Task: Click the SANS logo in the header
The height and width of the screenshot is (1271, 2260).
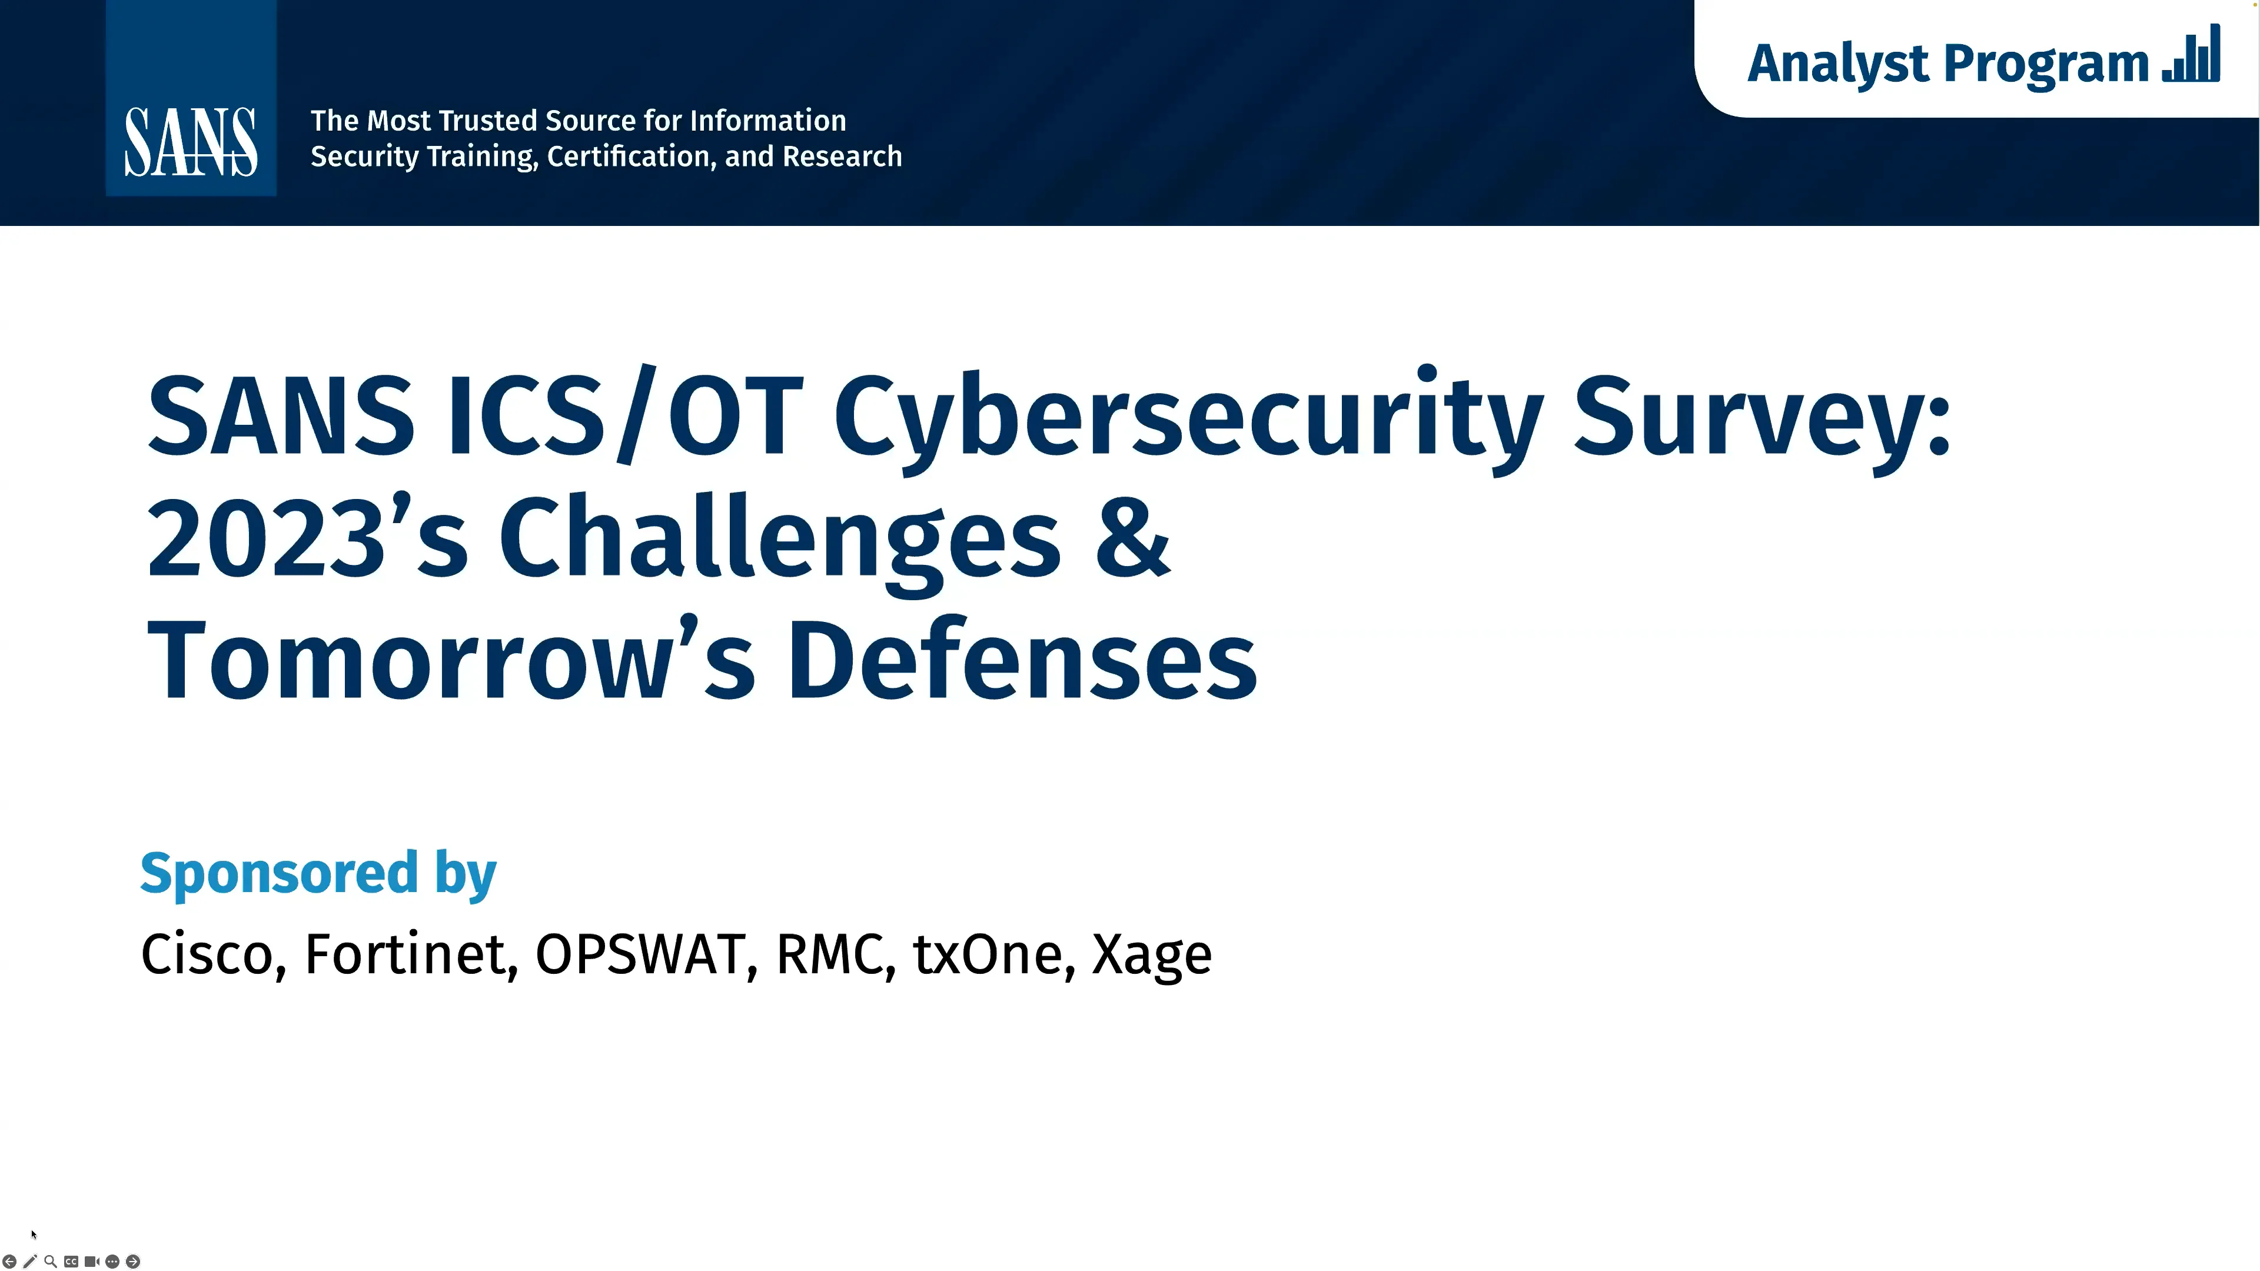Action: [x=190, y=141]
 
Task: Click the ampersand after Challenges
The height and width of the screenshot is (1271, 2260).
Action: [x=1132, y=537]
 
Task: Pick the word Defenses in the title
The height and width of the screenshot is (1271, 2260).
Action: [x=1022, y=660]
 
